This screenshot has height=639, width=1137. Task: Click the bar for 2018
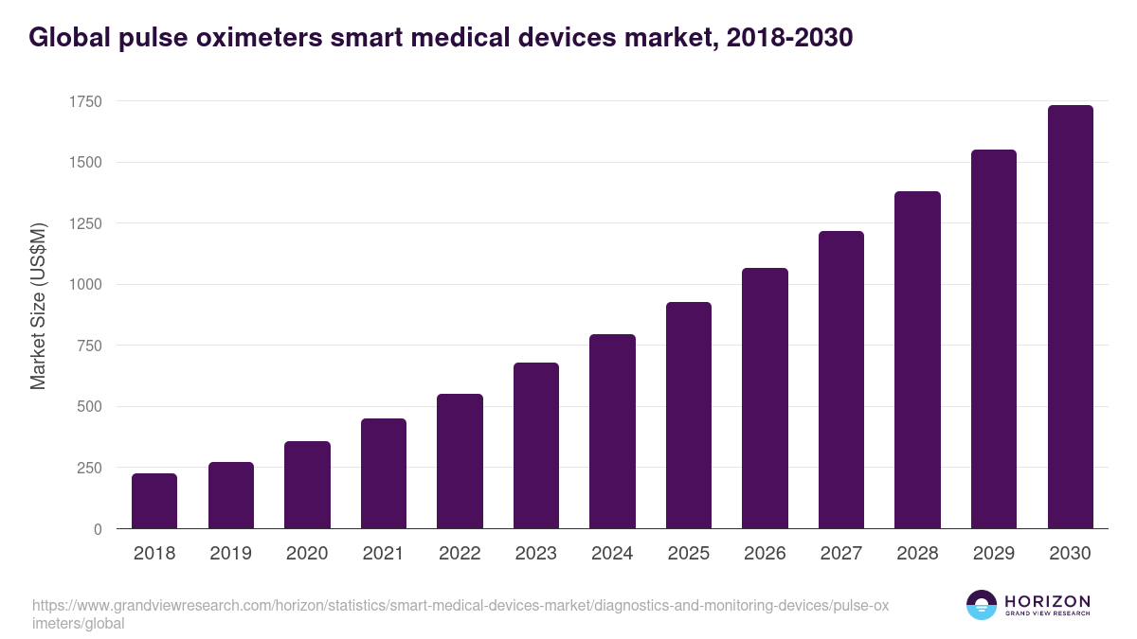(154, 501)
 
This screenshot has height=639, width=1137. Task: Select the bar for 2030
(1070, 317)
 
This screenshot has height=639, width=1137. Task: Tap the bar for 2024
(612, 432)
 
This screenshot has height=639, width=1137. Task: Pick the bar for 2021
(384, 473)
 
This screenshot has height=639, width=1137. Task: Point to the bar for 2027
(841, 380)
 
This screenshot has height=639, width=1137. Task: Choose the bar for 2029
(994, 339)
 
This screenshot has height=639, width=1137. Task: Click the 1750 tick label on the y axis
(84, 101)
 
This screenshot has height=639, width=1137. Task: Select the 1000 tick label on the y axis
(84, 285)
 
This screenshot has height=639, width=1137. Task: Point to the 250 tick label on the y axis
(89, 468)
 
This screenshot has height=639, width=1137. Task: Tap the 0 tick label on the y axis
(98, 529)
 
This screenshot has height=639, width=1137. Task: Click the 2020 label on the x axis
(307, 554)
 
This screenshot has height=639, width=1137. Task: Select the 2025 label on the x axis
(689, 554)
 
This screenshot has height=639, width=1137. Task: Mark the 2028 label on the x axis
(917, 554)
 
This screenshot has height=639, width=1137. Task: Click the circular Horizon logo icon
(982, 605)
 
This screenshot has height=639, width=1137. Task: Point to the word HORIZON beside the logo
(1047, 601)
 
